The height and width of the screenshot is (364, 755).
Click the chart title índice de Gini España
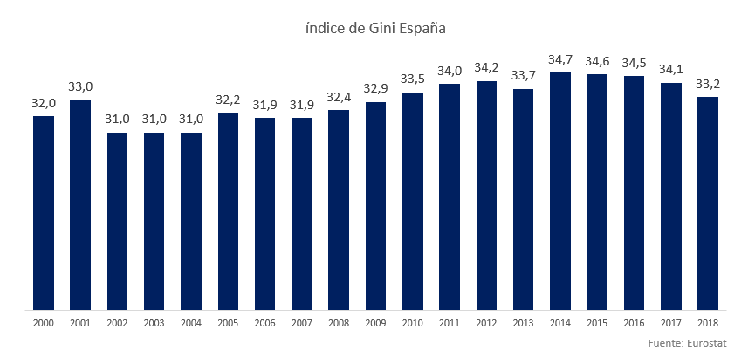pos(376,28)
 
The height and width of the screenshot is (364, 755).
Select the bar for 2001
pos(80,205)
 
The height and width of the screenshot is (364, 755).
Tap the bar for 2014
pos(560,191)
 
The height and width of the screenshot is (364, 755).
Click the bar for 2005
pos(228,211)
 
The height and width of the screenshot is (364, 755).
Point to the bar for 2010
pos(413,201)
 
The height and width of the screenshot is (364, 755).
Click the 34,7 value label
pos(560,60)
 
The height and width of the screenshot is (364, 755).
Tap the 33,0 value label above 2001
pos(80,87)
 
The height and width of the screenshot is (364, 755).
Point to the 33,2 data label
pos(708,84)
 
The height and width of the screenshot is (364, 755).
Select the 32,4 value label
pos(339,98)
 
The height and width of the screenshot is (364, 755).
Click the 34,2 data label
pos(486,68)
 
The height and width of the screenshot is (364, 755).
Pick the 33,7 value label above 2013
pos(524,76)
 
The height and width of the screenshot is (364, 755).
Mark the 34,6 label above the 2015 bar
pos(597,62)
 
